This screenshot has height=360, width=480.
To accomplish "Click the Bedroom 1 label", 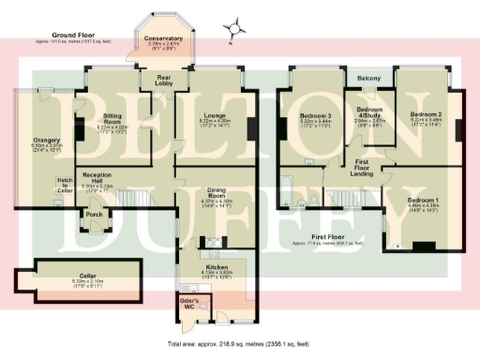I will click(x=424, y=202).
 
